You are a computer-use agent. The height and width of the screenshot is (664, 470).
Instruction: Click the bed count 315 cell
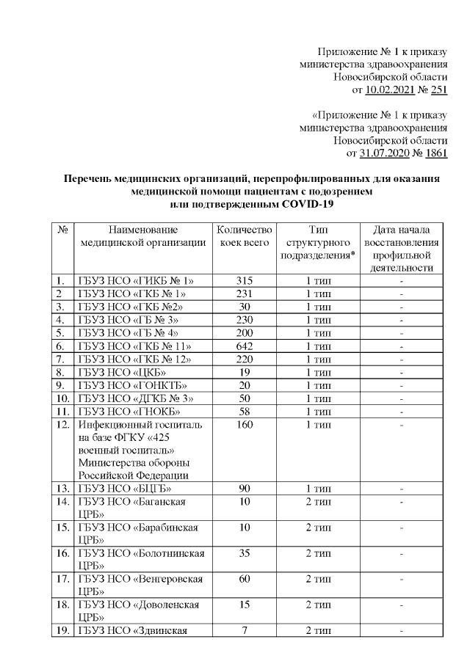(x=245, y=280)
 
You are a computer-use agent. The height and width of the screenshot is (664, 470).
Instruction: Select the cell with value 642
(x=245, y=346)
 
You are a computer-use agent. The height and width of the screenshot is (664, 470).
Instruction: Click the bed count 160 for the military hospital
(x=245, y=425)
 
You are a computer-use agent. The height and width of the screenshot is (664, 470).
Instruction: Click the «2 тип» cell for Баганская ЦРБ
(x=317, y=501)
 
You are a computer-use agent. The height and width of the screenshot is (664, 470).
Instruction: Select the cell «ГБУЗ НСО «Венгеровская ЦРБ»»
(x=142, y=585)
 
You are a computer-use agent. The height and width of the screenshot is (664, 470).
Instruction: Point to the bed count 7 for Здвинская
(x=245, y=631)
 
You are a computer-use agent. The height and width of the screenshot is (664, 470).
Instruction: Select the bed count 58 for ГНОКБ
(x=245, y=412)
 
